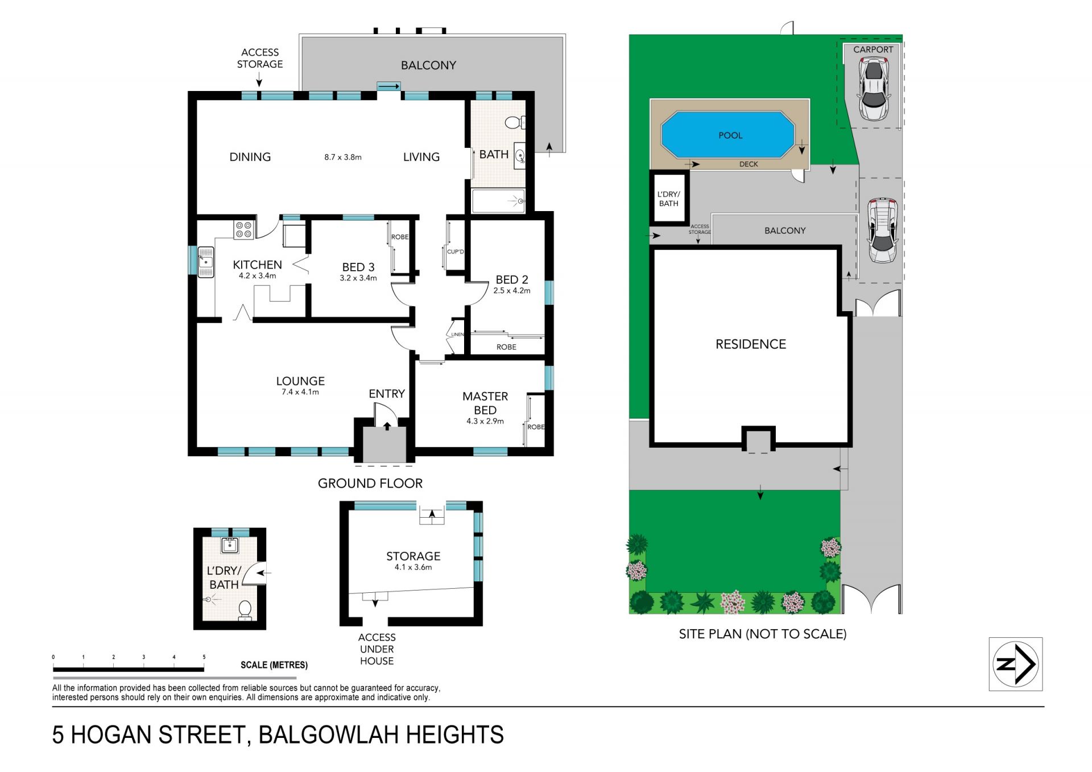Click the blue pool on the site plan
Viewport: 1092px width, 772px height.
(x=727, y=135)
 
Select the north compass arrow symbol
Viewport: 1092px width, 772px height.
(x=1016, y=664)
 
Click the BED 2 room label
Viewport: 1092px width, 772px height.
(x=512, y=279)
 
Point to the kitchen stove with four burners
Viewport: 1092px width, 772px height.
(x=244, y=230)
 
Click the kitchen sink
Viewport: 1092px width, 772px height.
(x=206, y=262)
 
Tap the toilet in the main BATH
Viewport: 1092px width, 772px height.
(x=515, y=122)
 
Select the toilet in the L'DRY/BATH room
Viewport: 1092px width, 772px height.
(x=245, y=610)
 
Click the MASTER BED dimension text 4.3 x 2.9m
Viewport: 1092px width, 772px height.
(x=485, y=421)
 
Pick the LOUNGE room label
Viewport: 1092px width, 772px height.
(x=300, y=381)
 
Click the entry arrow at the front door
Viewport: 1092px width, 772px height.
(x=387, y=426)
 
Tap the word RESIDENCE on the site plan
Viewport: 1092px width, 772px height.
(x=751, y=344)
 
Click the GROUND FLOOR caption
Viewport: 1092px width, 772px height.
(x=370, y=484)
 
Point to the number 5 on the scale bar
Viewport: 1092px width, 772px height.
(x=204, y=657)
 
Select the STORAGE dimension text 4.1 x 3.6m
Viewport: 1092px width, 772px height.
(x=413, y=567)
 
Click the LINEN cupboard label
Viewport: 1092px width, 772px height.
(x=457, y=335)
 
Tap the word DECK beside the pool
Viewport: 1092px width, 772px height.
(x=748, y=164)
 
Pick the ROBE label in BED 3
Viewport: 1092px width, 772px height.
(x=400, y=237)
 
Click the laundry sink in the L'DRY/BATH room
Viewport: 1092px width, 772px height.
(x=230, y=544)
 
